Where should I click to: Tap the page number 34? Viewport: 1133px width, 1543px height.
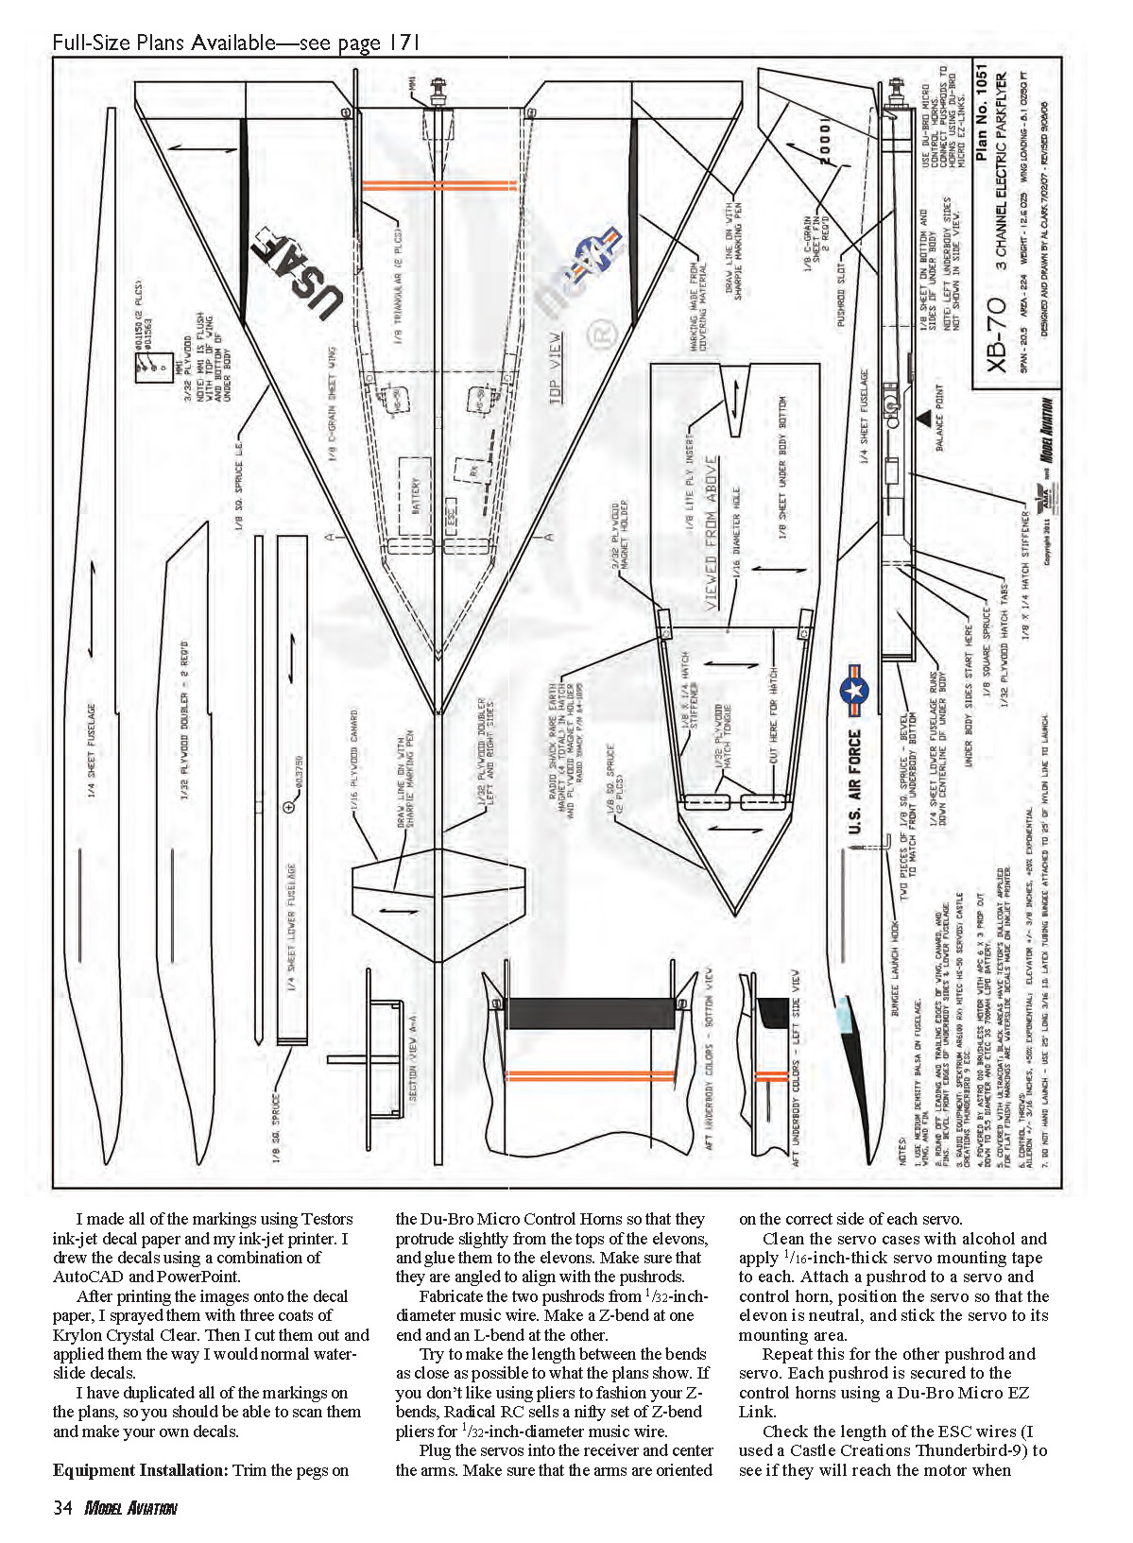(x=62, y=1507)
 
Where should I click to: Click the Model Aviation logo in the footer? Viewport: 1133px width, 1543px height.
(x=130, y=1508)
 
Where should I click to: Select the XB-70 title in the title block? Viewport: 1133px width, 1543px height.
(x=996, y=334)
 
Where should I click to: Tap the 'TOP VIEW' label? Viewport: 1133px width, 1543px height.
(x=556, y=369)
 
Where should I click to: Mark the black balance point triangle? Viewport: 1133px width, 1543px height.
(x=923, y=417)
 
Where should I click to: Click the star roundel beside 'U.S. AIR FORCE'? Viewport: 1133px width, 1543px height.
(x=853, y=690)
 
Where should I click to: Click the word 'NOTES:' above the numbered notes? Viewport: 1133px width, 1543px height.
(x=903, y=1148)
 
